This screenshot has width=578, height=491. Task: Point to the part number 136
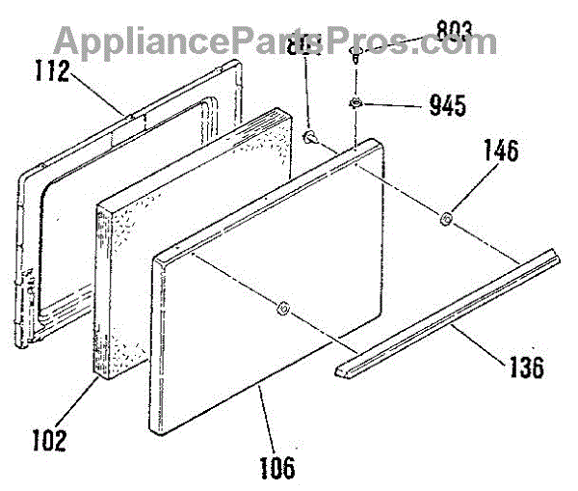click(x=524, y=368)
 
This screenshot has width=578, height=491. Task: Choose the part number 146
click(x=500, y=152)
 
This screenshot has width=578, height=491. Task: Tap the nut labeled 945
click(x=356, y=103)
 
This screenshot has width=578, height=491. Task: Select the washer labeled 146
click(x=446, y=221)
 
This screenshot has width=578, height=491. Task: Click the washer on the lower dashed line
click(x=281, y=310)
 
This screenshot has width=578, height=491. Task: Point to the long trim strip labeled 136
click(x=453, y=308)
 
